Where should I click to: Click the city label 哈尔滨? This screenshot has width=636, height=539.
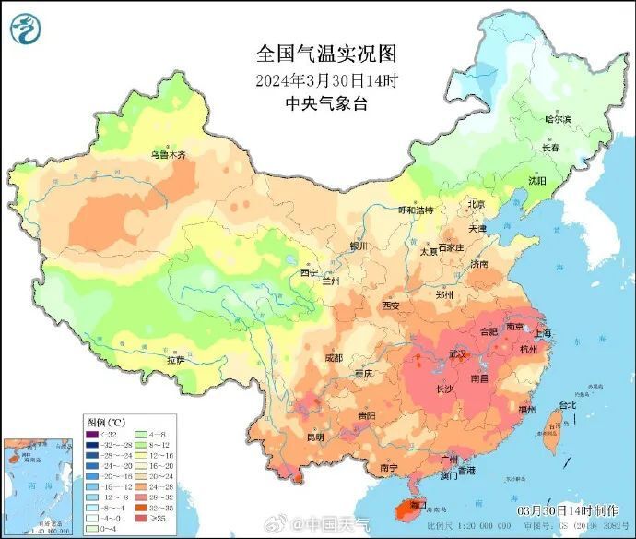558,119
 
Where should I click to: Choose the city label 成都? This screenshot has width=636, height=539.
334,358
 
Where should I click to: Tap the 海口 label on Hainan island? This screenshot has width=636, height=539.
418,506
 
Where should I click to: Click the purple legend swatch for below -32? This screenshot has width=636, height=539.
92,435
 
